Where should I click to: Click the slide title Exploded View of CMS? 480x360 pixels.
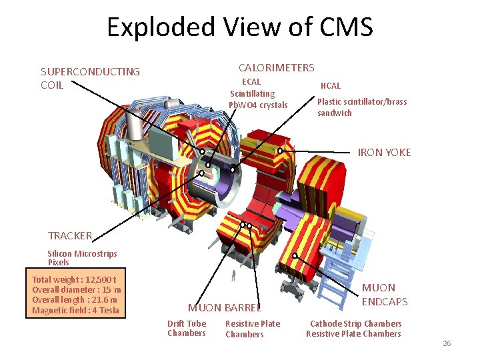pyautogui.click(x=239, y=27)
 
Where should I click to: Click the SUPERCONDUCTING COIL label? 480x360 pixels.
pyautogui.click(x=90, y=78)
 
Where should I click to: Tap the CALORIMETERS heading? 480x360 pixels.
pyautogui.click(x=276, y=67)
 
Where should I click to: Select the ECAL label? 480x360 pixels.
pyautogui.click(x=251, y=82)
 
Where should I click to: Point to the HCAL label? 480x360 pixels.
pyautogui.click(x=331, y=86)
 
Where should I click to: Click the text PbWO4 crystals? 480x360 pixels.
pyautogui.click(x=258, y=105)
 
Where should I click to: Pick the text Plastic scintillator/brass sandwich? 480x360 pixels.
pyautogui.click(x=361, y=107)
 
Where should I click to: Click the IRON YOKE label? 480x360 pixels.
pyautogui.click(x=384, y=153)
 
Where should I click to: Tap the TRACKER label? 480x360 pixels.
pyautogui.click(x=70, y=235)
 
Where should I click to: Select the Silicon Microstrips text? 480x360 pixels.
pyautogui.click(x=82, y=253)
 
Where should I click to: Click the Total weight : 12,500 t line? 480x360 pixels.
pyautogui.click(x=74, y=280)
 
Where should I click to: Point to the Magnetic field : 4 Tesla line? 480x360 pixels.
pyautogui.click(x=75, y=310)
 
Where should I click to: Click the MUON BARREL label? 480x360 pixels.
pyautogui.click(x=225, y=307)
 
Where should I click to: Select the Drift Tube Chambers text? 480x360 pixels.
pyautogui.click(x=187, y=329)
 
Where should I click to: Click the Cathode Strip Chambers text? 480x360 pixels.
pyautogui.click(x=355, y=324)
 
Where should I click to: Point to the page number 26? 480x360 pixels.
pyautogui.click(x=447, y=343)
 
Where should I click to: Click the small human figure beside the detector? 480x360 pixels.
pyautogui.click(x=233, y=275)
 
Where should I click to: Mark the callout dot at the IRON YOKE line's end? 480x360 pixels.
pyautogui.click(x=280, y=151)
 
